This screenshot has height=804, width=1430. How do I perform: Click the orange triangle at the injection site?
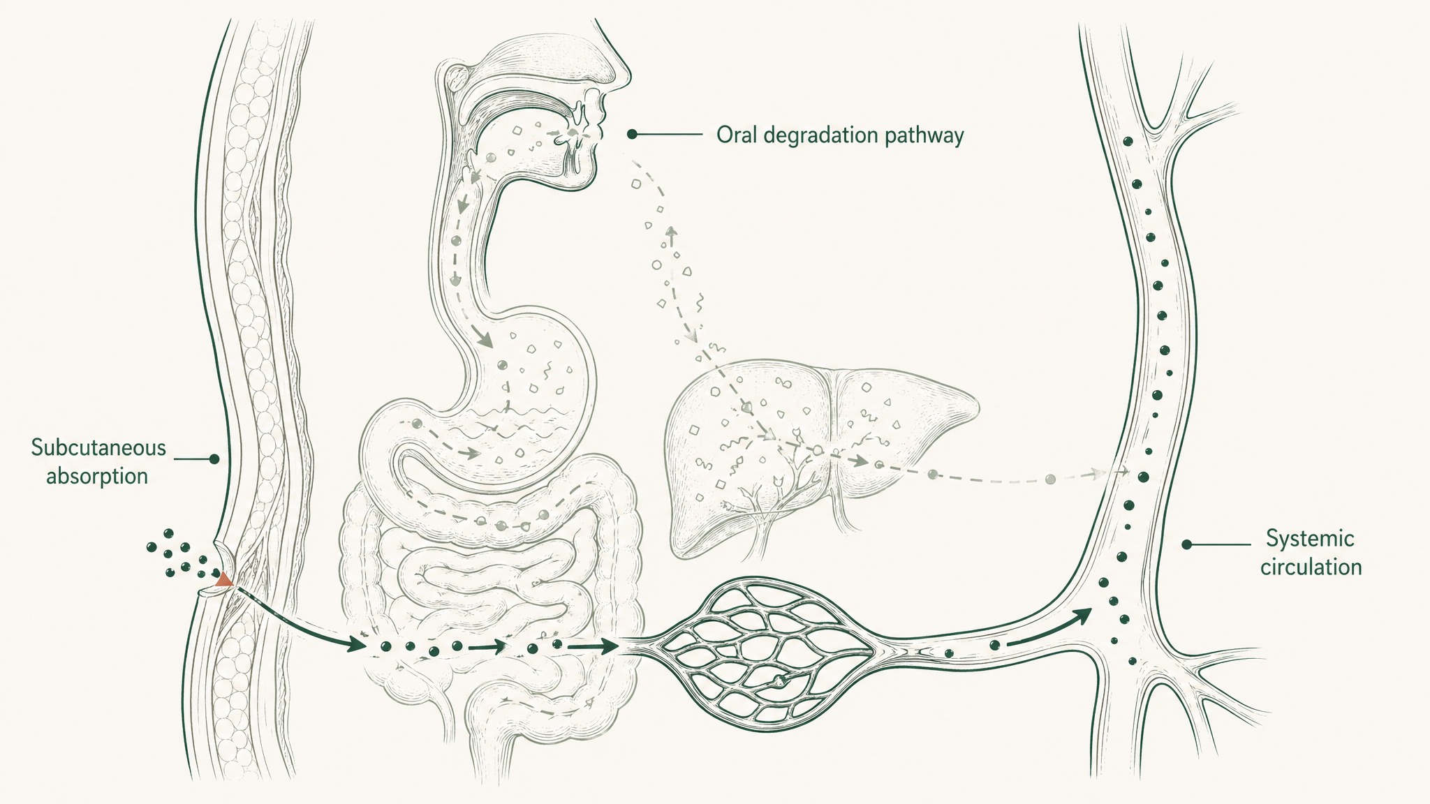[224, 579]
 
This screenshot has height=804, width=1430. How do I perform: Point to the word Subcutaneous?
[98, 448]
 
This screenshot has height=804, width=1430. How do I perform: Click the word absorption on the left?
[97, 477]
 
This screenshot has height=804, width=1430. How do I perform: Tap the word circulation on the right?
[1311, 567]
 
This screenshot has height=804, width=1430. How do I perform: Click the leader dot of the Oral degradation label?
[631, 133]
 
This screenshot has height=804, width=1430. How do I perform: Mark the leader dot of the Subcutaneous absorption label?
[214, 459]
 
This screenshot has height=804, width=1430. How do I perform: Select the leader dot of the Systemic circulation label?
[1186, 544]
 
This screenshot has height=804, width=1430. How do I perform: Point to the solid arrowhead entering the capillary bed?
[607, 646]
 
